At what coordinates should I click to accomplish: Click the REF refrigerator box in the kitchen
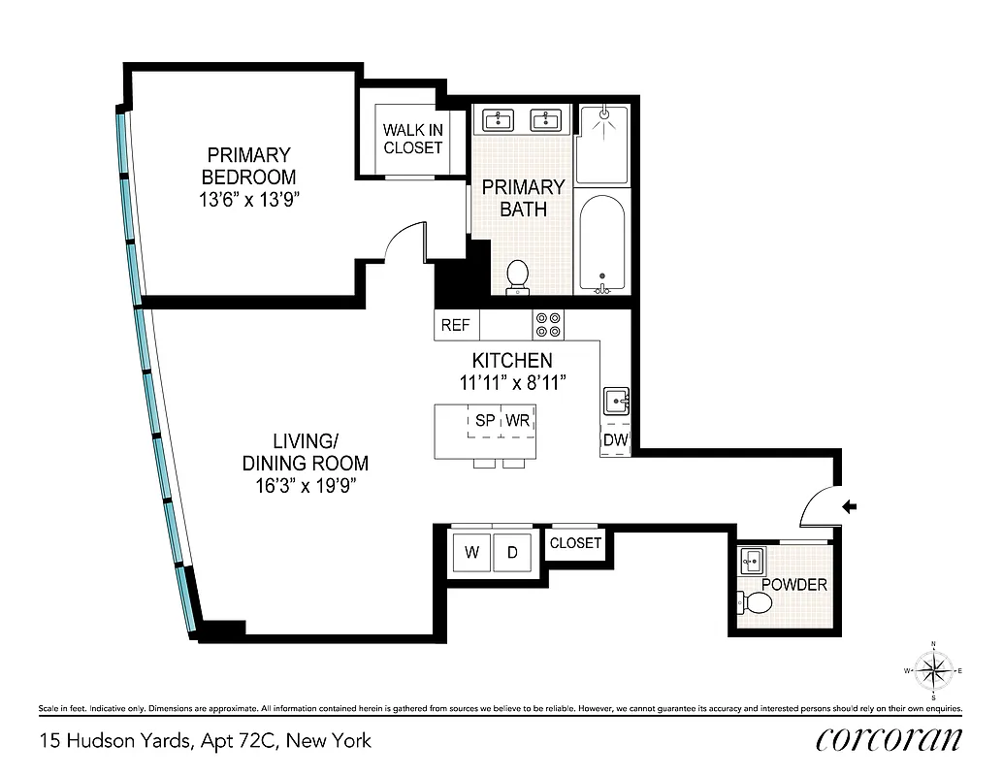[x=456, y=325]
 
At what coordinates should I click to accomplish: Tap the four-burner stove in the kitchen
[x=547, y=323]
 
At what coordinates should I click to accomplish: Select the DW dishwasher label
[x=616, y=441]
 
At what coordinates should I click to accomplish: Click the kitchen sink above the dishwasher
[x=616, y=401]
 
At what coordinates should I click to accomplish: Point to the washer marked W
[x=472, y=553]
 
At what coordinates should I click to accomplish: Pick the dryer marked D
[x=512, y=553]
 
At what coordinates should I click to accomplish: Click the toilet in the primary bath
[x=518, y=276]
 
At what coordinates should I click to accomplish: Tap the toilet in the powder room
[x=756, y=604]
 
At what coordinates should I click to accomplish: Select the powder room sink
[x=752, y=561]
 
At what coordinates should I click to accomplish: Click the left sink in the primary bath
[x=500, y=120]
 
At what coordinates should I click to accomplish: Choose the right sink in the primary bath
[x=546, y=120]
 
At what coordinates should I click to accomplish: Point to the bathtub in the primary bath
[x=602, y=242]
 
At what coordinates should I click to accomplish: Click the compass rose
[x=932, y=669]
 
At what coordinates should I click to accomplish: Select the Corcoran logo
[x=890, y=739]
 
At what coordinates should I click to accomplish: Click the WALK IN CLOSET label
[x=412, y=139]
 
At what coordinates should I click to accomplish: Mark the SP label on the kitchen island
[x=484, y=421]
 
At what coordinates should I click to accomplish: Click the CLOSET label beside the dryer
[x=575, y=543]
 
